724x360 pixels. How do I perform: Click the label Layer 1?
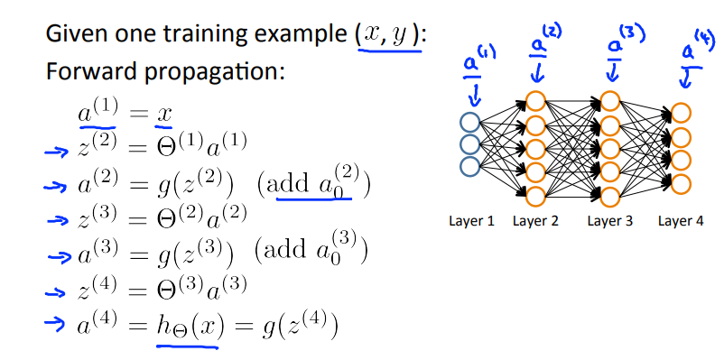tap(471, 221)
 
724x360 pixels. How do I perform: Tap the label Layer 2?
tap(537, 221)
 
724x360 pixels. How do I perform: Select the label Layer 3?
tap(611, 221)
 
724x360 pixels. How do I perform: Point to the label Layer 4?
tap(682, 221)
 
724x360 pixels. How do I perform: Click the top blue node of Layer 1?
tap(469, 124)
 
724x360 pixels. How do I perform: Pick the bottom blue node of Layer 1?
tap(469, 167)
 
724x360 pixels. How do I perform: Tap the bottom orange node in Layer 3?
tap(610, 195)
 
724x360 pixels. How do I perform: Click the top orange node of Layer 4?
tap(681, 114)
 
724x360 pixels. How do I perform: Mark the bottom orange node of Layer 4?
tap(681, 184)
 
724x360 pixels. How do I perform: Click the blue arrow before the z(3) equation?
tap(57, 219)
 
